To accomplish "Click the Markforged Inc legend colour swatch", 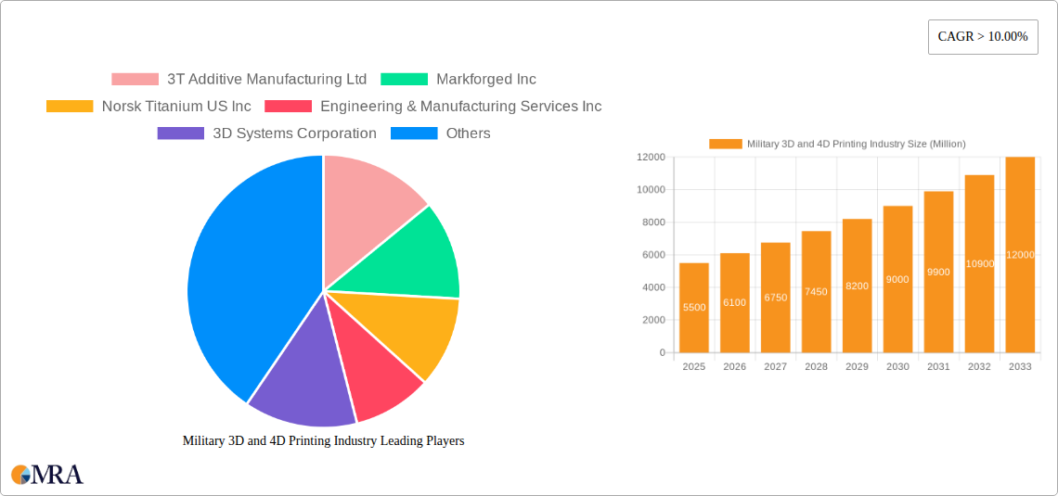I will [x=404, y=80].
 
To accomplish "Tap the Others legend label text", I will [x=468, y=134].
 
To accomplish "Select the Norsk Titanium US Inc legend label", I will [x=176, y=107].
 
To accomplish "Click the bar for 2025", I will [x=694, y=308].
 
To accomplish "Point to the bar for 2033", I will [x=1020, y=255].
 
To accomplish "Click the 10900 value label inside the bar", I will [x=979, y=264].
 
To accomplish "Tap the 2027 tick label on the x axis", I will [x=775, y=367].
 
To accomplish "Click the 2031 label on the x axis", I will [x=938, y=367].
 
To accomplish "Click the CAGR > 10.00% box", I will [x=983, y=37].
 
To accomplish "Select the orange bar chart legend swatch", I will [x=726, y=144].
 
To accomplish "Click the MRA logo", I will [x=47, y=475].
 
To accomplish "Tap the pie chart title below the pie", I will [x=323, y=441].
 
